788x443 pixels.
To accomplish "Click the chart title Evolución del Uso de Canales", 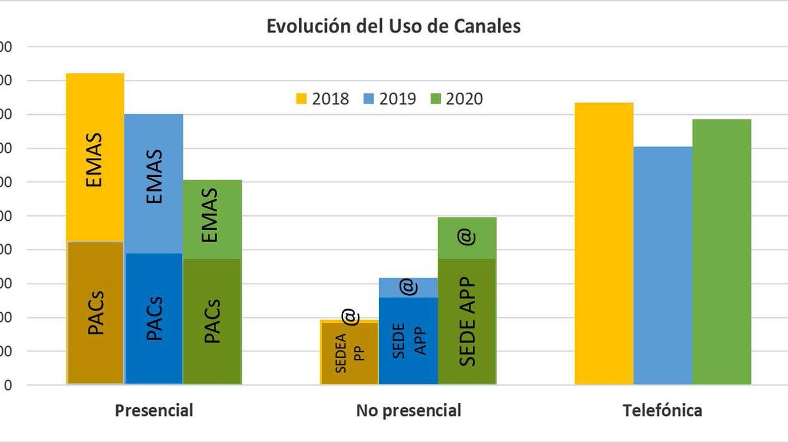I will pos(394,26).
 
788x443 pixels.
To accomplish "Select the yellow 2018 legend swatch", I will pos(301,98).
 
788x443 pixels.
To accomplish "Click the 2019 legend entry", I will pos(390,98).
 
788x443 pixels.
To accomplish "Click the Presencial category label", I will pos(154,410).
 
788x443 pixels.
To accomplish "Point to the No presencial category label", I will pos(408,410).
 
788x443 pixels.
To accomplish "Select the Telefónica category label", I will pos(662,410).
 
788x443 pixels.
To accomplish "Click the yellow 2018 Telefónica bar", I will pos(604,244).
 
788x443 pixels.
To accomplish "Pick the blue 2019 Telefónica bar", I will pos(662,266).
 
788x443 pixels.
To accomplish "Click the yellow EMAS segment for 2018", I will pos(95,158).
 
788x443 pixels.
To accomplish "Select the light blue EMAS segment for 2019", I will pos(154,183).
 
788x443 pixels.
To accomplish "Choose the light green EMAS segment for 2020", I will pos(212,219).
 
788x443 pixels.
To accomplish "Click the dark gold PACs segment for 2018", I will pos(95,313).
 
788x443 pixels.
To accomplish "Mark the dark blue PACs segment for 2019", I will pos(154,318).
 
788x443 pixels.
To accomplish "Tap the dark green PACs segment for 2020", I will pos(212,321).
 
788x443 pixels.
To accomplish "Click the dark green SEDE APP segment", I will pos(467,321).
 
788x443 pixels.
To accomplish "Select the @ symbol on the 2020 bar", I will pos(466,237).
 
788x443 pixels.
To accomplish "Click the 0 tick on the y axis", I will pos(6,385).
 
